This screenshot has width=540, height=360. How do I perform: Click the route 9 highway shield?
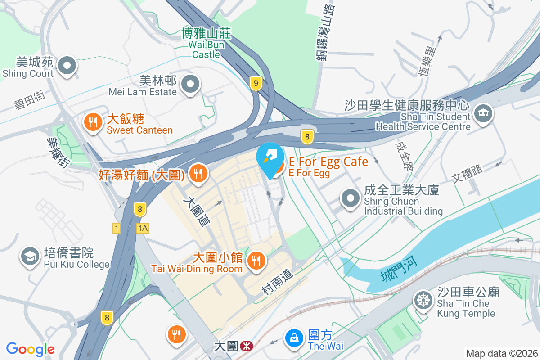pos(256,83)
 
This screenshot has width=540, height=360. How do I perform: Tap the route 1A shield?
pos(143,228)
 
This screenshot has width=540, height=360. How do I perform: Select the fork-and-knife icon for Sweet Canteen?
pos(93,122)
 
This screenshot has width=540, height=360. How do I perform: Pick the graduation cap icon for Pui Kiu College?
pos(30,256)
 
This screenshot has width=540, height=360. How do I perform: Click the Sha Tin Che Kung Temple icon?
pos(423,301)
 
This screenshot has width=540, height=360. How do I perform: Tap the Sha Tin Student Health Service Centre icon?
pos(483,112)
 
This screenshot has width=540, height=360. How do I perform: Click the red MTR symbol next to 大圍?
pos(246,346)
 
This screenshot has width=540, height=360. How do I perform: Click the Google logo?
pos(31,349)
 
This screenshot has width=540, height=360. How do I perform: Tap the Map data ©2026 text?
pos(502,353)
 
